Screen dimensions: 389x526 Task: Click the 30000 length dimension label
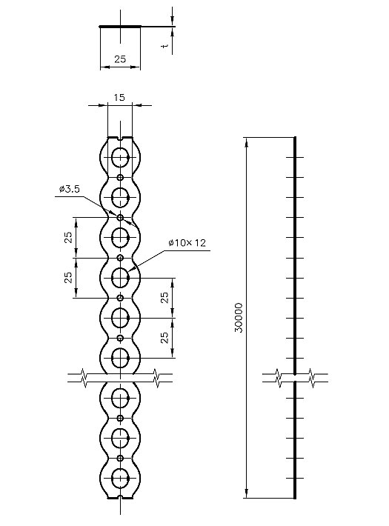coord(239,318)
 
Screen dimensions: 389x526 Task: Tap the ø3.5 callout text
coord(70,189)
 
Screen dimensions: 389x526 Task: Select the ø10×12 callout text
coord(187,242)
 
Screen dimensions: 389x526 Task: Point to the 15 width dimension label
coord(119,97)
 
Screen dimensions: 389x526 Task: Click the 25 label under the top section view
coord(120,59)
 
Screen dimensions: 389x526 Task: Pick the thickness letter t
coord(165,45)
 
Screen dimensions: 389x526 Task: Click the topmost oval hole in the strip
coord(120,157)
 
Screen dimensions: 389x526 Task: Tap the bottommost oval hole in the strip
coord(120,478)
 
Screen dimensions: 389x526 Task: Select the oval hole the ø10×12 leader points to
coord(120,278)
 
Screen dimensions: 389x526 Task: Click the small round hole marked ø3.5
coord(120,217)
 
